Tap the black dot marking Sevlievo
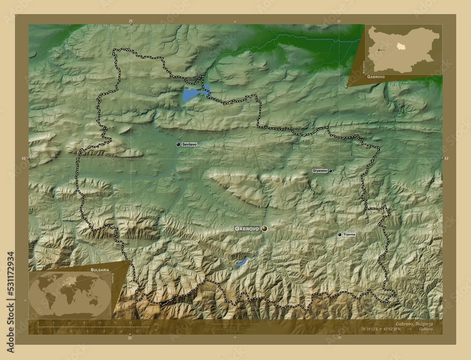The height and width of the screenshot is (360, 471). click(x=178, y=144)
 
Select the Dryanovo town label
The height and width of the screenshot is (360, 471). click(x=320, y=171)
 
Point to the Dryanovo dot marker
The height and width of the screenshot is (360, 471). click(x=331, y=171)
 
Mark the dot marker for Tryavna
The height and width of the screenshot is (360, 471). click(x=340, y=234)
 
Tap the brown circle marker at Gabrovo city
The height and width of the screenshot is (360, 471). click(x=264, y=228)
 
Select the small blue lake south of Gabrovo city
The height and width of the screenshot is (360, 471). click(x=241, y=263)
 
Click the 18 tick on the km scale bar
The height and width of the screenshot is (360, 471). click(x=130, y=323)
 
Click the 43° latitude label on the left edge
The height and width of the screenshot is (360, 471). click(x=24, y=160)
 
